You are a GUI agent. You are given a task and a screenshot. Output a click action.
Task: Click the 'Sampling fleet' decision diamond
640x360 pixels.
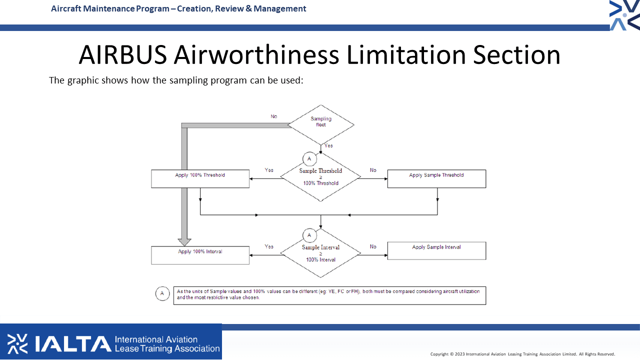(321, 124)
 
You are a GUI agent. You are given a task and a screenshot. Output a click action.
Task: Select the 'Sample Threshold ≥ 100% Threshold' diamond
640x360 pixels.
(320, 177)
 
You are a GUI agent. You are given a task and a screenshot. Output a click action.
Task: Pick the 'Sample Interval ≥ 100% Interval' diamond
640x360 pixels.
(320, 253)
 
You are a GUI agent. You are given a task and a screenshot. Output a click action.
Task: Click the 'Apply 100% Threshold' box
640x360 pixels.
(200, 179)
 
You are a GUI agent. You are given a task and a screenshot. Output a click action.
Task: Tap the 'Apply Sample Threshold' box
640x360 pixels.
(436, 179)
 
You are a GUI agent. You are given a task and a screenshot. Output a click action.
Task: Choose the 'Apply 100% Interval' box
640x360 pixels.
(200, 255)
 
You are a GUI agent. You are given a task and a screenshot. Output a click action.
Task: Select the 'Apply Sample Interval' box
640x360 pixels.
(436, 251)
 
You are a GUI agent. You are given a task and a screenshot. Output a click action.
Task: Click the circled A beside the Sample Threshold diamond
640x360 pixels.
(309, 159)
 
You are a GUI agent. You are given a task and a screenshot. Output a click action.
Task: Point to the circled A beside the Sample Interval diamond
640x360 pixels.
(309, 235)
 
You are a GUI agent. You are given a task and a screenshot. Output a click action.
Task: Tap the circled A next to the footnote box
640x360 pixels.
(162, 293)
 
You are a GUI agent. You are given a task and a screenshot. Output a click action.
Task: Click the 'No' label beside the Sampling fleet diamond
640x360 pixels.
(273, 116)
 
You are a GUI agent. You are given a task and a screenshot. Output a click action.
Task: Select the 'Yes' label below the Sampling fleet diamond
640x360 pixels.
(328, 145)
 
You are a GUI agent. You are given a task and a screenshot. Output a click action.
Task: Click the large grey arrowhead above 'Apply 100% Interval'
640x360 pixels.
(184, 242)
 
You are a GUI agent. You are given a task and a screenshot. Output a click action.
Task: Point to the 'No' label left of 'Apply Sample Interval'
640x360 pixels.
(373, 246)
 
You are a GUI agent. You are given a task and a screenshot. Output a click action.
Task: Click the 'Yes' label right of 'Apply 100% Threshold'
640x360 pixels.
(269, 170)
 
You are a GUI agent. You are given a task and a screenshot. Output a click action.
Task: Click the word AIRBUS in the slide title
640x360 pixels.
(123, 55)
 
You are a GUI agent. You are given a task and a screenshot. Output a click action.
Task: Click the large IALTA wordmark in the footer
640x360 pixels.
(73, 343)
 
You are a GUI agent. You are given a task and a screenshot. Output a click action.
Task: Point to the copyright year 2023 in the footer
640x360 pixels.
(459, 354)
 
